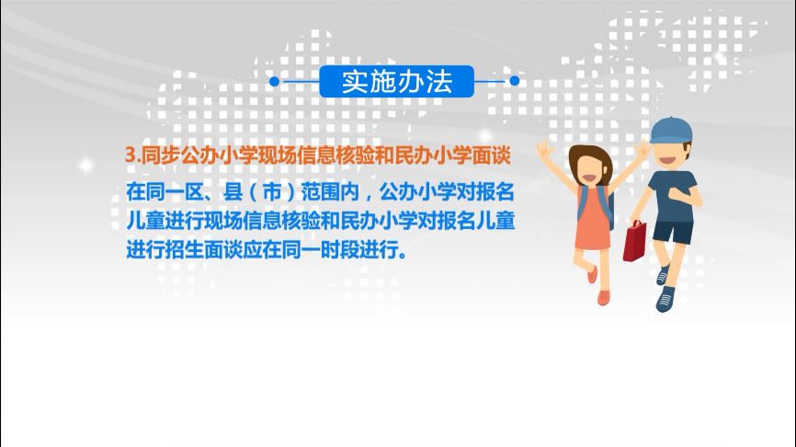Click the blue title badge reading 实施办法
coord(397,81)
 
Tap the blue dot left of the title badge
coord(274,81)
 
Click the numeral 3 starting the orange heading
coord(130,156)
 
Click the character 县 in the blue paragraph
coord(235,194)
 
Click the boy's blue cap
coord(670,130)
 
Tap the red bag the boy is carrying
coord(635,240)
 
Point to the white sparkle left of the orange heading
coord(85,165)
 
